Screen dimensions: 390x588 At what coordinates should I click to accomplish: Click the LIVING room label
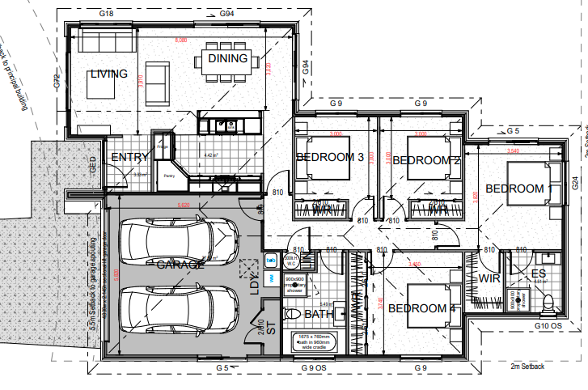(108, 74)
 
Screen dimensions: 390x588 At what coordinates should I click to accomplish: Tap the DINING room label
(227, 58)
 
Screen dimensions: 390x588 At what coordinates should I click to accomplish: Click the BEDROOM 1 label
(518, 189)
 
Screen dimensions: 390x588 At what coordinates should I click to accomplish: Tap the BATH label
(318, 314)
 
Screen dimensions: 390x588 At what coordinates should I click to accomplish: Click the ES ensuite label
(538, 273)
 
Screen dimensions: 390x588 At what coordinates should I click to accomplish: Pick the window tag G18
(105, 14)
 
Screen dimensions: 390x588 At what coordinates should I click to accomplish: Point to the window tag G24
(575, 184)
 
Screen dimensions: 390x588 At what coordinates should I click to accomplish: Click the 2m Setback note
(527, 367)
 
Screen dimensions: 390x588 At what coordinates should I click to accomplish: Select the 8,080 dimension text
(176, 39)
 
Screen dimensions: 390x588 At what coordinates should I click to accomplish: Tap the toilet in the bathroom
(293, 314)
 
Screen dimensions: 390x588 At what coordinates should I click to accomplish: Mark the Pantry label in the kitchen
(169, 175)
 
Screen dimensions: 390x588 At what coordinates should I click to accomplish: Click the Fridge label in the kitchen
(162, 146)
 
